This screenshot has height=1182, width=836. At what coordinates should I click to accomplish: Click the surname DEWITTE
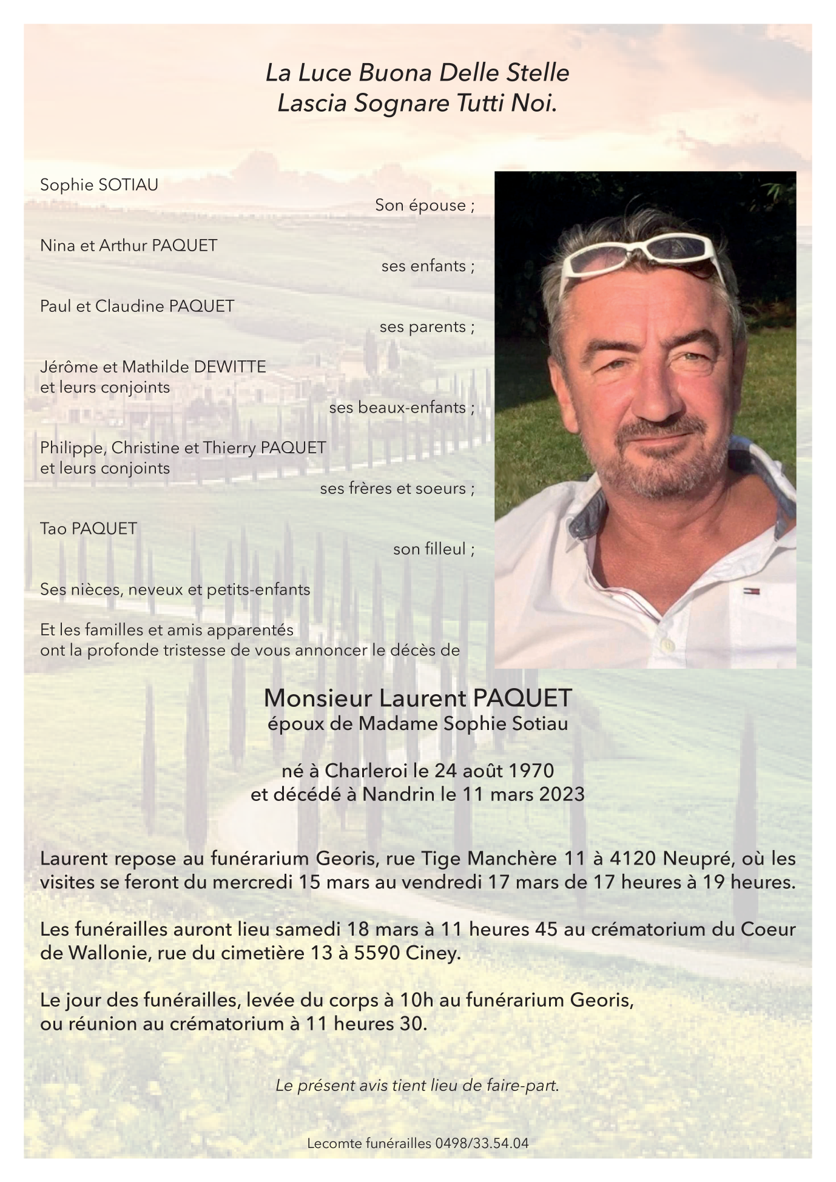tap(229, 366)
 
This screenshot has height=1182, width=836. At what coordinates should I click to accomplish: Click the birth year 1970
tap(531, 771)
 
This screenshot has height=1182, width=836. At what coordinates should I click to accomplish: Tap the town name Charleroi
tap(366, 771)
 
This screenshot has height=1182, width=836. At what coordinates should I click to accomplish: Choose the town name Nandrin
tap(394, 794)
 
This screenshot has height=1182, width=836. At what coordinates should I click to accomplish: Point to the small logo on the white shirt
tap(752, 590)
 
